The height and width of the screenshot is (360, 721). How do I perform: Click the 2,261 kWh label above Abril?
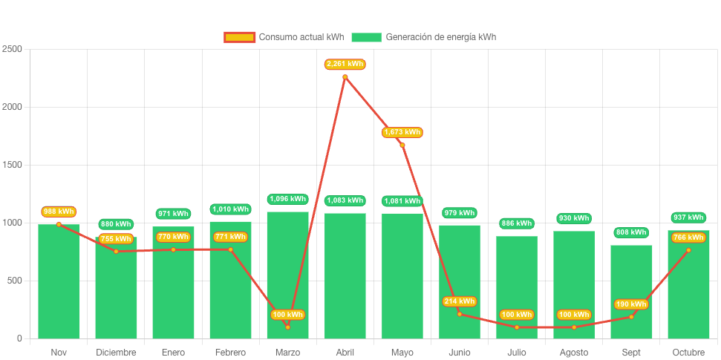pyautogui.click(x=345, y=64)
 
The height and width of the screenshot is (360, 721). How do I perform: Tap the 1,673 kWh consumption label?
pyautogui.click(x=402, y=132)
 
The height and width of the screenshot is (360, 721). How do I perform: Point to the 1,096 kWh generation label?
pyautogui.click(x=287, y=199)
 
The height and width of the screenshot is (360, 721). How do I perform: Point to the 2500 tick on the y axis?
pyautogui.click(x=12, y=49)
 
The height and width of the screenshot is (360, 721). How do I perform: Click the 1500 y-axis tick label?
pyautogui.click(x=12, y=165)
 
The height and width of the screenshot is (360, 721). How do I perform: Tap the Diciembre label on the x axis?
pyautogui.click(x=116, y=352)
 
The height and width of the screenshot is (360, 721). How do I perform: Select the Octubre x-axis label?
pyautogui.click(x=688, y=352)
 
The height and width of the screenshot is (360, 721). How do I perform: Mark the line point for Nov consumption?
pyautogui.click(x=59, y=224)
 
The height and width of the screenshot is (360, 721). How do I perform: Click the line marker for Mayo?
pyautogui.click(x=402, y=145)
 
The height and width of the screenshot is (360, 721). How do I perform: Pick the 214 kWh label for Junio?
pyautogui.click(x=460, y=301)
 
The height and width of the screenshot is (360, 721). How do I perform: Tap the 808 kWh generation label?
pyautogui.click(x=631, y=232)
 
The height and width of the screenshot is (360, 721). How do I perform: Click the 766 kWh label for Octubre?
pyautogui.click(x=688, y=238)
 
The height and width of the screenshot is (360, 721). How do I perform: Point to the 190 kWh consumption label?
pyautogui.click(x=631, y=304)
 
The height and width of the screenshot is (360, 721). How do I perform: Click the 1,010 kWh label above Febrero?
pyautogui.click(x=230, y=209)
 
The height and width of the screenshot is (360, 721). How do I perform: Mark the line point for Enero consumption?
pyautogui.click(x=173, y=249)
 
